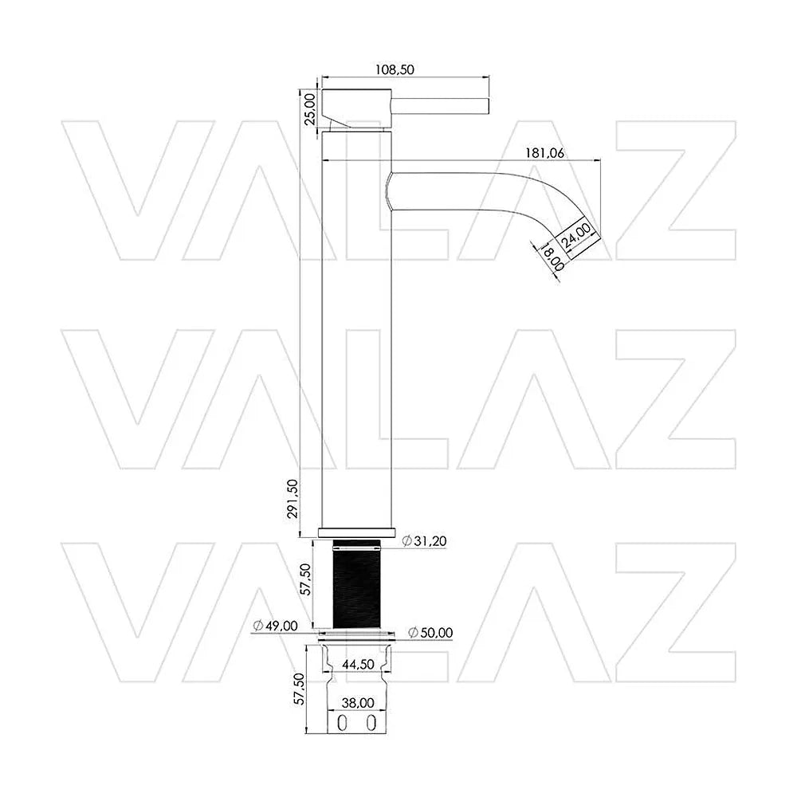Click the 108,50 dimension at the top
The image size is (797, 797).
pyautogui.click(x=395, y=69)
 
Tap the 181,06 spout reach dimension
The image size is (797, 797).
pyautogui.click(x=544, y=153)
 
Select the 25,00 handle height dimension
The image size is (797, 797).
pyautogui.click(x=310, y=108)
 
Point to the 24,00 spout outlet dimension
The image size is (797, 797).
pyautogui.click(x=577, y=236)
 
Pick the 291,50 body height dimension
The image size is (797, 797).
pyautogui.click(x=293, y=499)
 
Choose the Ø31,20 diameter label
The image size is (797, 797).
pyautogui.click(x=425, y=541)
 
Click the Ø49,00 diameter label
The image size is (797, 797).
pyautogui.click(x=275, y=626)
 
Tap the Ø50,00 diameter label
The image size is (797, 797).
pyautogui.click(x=430, y=633)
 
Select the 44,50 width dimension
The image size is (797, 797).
pyautogui.click(x=358, y=665)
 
